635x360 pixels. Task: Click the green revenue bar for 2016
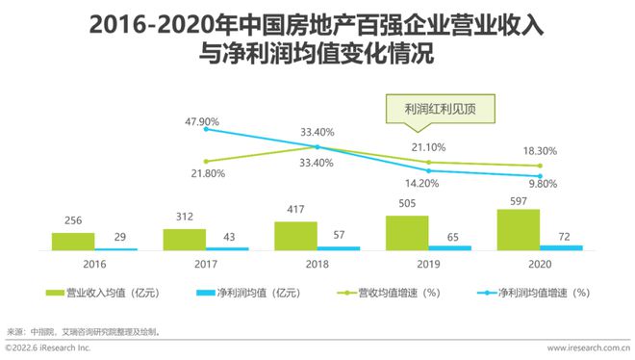point(73,241)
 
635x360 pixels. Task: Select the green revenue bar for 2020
point(519,229)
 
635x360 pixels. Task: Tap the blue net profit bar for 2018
point(339,248)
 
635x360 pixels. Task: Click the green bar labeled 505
point(407,232)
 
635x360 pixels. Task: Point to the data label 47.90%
point(203,122)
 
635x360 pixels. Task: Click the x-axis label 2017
point(206,262)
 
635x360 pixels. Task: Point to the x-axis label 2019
point(429,262)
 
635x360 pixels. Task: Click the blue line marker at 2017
point(206,129)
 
